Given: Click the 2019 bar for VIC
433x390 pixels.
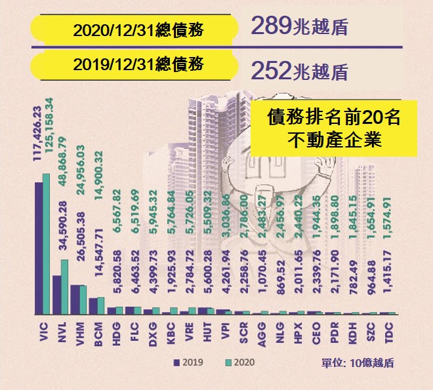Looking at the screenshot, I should point(39,248).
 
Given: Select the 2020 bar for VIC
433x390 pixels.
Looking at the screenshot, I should point(46,244).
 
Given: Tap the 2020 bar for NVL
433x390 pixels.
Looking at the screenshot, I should point(64,287).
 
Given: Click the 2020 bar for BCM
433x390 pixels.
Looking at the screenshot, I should point(100,305).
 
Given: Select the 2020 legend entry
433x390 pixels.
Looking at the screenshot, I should point(239,362).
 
